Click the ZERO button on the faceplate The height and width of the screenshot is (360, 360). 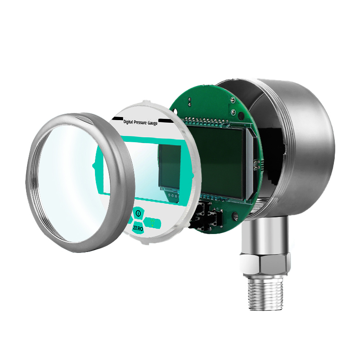click(x=138, y=228)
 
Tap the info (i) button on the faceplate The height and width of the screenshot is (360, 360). click(x=138, y=213)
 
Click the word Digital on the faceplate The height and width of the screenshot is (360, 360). click(x=128, y=121)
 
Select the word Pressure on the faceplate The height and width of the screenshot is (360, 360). click(x=140, y=122)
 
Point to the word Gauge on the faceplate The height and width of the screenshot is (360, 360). click(x=153, y=123)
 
